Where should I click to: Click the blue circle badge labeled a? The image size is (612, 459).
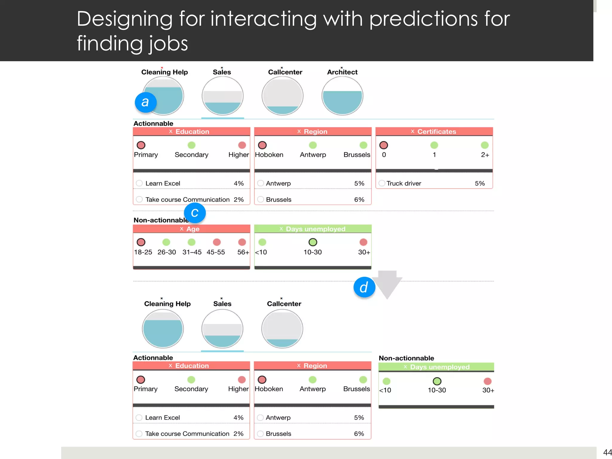pyautogui.click(x=146, y=102)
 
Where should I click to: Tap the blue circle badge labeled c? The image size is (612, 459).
pyautogui.click(x=195, y=213)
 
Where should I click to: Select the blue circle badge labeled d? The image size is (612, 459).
pyautogui.click(x=364, y=287)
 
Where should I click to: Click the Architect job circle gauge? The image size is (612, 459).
pyautogui.click(x=342, y=96)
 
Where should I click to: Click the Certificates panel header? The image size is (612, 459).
pyautogui.click(x=434, y=131)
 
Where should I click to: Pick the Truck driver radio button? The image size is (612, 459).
pyautogui.click(x=382, y=183)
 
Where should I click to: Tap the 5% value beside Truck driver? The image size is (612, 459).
pyautogui.click(x=480, y=183)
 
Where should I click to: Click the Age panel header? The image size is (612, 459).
pyautogui.click(x=191, y=229)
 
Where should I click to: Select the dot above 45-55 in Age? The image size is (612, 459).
pyautogui.click(x=217, y=242)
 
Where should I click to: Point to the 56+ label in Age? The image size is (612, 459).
pyautogui.click(x=243, y=252)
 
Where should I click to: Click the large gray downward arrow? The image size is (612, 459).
pyautogui.click(x=387, y=284)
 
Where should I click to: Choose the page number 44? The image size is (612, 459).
pyautogui.click(x=607, y=452)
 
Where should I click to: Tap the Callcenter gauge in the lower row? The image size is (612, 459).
pyautogui.click(x=282, y=329)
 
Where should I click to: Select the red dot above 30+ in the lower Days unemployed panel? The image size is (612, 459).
pyautogui.click(x=487, y=381)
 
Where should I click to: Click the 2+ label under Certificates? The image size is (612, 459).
pyautogui.click(x=485, y=155)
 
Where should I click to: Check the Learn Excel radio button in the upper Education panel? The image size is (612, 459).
pyautogui.click(x=139, y=183)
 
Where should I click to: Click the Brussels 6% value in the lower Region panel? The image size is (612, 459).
pyautogui.click(x=359, y=434)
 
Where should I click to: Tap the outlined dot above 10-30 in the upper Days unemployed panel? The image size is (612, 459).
pyautogui.click(x=313, y=242)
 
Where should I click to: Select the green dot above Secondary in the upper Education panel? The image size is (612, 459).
pyautogui.click(x=191, y=145)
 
